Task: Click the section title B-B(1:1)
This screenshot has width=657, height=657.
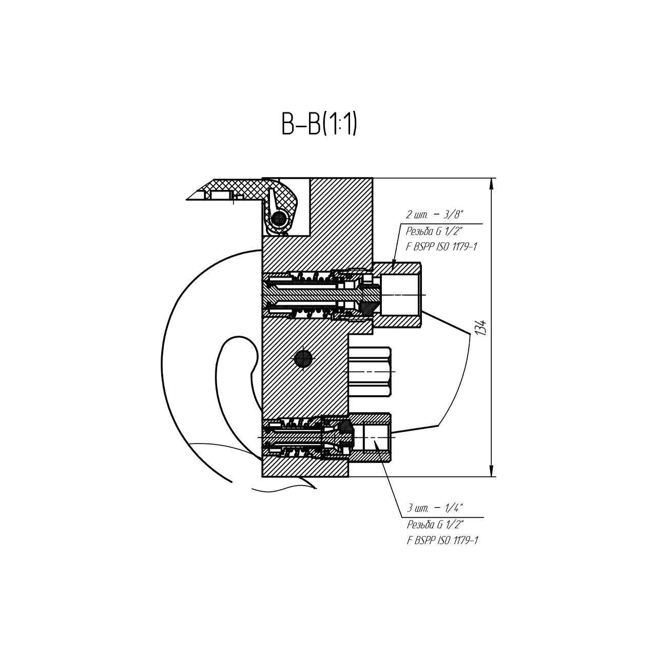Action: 319,124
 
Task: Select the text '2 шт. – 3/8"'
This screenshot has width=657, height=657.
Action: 435,215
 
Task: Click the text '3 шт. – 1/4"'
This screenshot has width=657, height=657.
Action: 435,508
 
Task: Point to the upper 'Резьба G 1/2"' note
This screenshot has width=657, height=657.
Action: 434,231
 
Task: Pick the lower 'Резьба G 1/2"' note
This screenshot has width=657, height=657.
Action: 435,525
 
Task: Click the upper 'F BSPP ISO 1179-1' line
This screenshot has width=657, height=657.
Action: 441,247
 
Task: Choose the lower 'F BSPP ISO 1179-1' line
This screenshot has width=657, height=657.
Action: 442,540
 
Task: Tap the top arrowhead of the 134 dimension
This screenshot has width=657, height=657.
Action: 491,184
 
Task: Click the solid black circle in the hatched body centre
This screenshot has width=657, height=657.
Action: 303,359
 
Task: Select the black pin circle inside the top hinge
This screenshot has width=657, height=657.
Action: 279,218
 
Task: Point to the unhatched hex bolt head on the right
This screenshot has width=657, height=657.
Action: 370,372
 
